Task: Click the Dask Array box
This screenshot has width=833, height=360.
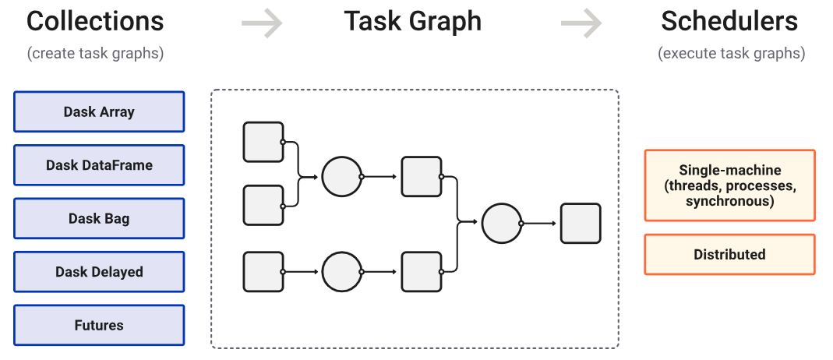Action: [x=99, y=111]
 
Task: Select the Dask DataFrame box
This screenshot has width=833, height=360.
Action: [x=99, y=165]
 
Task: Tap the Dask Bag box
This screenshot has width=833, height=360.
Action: [x=99, y=218]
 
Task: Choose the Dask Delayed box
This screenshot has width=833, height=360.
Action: [x=99, y=272]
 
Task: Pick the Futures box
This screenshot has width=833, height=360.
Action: [x=99, y=325]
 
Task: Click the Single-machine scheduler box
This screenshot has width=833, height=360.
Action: [x=729, y=185]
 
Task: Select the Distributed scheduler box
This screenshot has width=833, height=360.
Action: [x=729, y=255]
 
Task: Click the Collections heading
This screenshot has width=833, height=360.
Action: [x=95, y=22]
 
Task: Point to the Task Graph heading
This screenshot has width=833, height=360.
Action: [x=413, y=22]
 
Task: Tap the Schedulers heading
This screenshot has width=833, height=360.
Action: [x=729, y=22]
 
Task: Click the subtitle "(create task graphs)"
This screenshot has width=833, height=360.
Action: [x=95, y=54]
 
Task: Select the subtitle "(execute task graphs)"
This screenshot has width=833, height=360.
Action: [x=731, y=54]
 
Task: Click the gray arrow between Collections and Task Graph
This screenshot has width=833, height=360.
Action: [x=261, y=24]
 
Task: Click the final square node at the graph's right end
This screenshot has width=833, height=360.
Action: [x=581, y=224]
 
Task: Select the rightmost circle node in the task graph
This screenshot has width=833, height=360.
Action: [x=502, y=224]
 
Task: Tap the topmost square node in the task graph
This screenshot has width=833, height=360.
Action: [x=263, y=142]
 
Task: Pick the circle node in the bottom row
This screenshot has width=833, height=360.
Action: [x=341, y=272]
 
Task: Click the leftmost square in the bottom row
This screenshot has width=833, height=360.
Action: [x=263, y=272]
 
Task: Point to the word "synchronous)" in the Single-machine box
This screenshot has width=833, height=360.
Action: [x=729, y=202]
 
